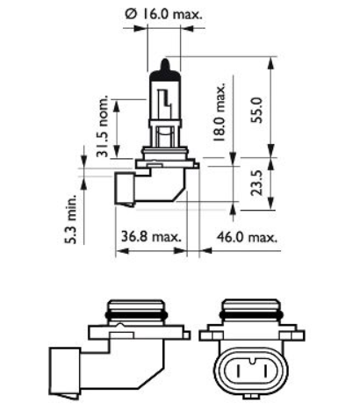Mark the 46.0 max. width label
pos(247,237)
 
